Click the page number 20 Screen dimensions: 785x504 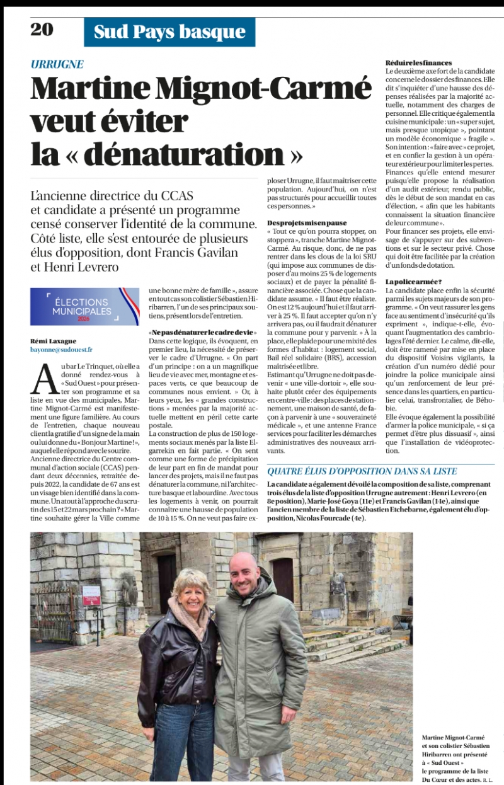pos(42,29)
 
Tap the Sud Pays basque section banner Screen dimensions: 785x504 pos(169,32)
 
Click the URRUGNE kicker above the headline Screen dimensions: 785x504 pos(57,64)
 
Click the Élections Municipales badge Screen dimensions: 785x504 pos(85,306)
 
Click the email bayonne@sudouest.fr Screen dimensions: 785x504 pos(61,349)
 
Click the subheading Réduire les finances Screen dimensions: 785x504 pos(419,63)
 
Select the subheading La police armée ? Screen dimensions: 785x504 pos(414,281)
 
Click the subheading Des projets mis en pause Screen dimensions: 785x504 pos(307,222)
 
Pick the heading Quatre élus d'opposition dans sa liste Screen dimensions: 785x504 pos(362,471)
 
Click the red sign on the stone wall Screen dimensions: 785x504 pos(91,595)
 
